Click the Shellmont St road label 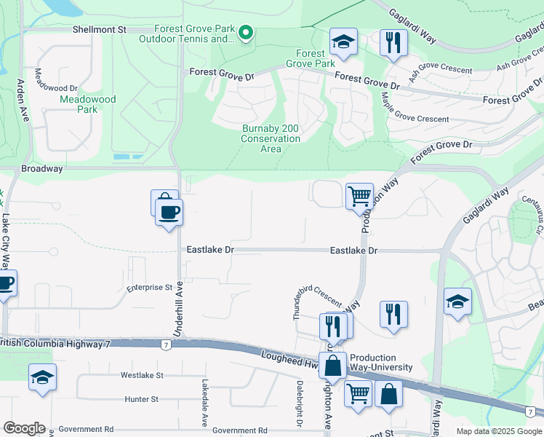coord(100,29)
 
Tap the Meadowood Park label coord(78,104)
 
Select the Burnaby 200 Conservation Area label coord(271,138)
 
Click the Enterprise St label coord(148,288)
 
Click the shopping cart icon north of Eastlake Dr coord(359,196)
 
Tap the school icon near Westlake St coord(42,378)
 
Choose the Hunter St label coord(141,399)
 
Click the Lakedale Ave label coord(205,403)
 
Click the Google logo coord(24,428)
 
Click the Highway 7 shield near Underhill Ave coord(167,345)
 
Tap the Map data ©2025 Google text coord(498,431)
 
